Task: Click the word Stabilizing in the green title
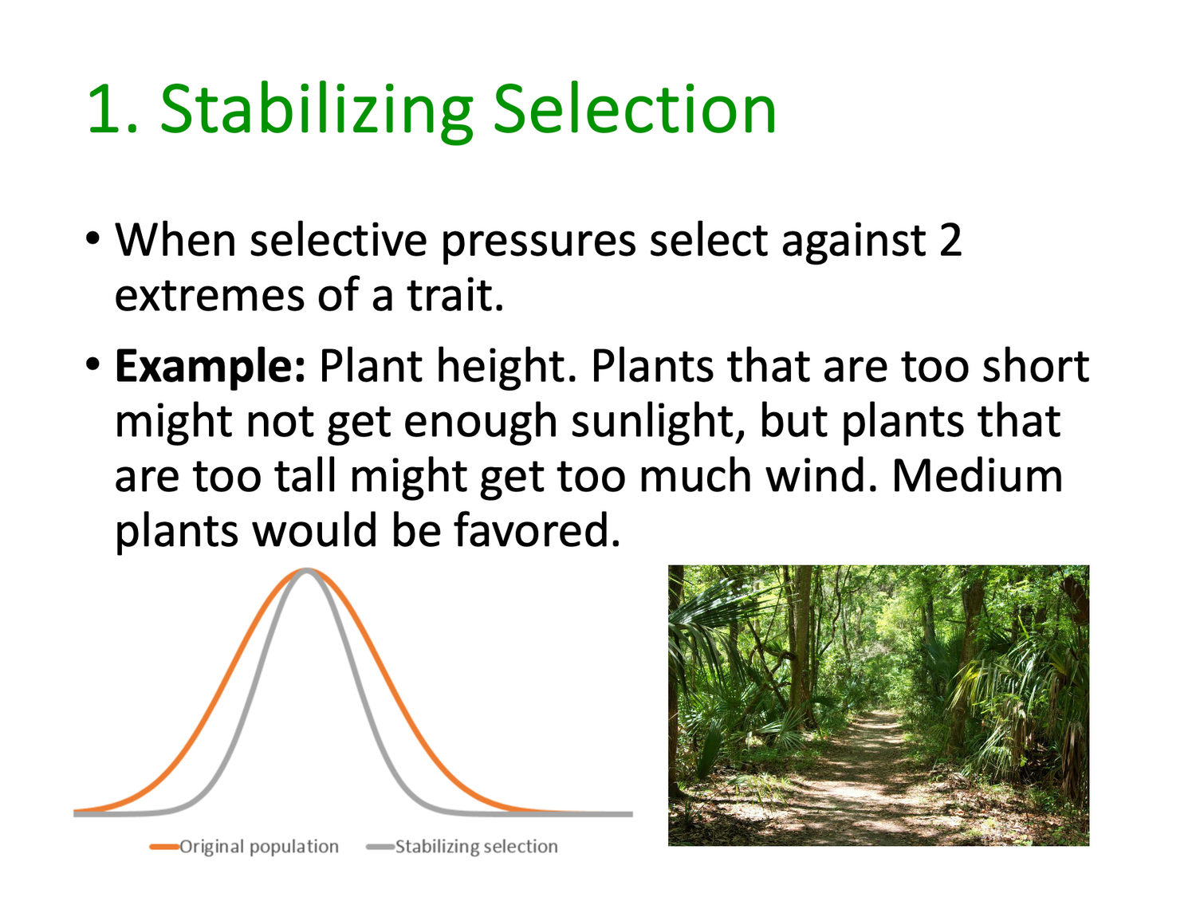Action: [x=316, y=112]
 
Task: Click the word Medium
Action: [x=978, y=475]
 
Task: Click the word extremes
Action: [x=210, y=297]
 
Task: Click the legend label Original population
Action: [x=259, y=846]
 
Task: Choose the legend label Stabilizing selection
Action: [x=476, y=846]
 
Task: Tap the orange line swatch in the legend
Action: [x=164, y=846]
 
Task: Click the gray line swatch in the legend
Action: [x=380, y=846]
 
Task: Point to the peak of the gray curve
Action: [x=307, y=570]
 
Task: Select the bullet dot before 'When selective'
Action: [x=92, y=238]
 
